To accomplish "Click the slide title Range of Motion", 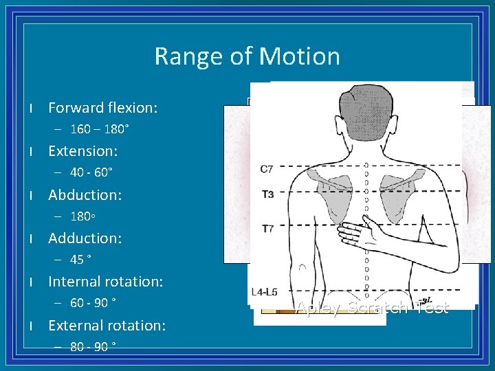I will pyautogui.click(x=247, y=56).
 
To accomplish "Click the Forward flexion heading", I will pyautogui.click(x=103, y=108).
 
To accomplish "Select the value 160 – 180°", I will pyautogui.click(x=100, y=129).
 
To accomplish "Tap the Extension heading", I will pyautogui.click(x=83, y=151).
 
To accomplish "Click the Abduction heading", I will pyautogui.click(x=85, y=195).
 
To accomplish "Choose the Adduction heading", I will pyautogui.click(x=85, y=238).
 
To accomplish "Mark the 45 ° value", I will pyautogui.click(x=81, y=260).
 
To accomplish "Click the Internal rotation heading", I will pyautogui.click(x=105, y=282).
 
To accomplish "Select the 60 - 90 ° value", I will pyautogui.click(x=93, y=303).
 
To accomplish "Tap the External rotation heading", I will pyautogui.click(x=107, y=325).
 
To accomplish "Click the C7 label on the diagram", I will pyautogui.click(x=267, y=169).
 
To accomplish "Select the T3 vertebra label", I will pyautogui.click(x=267, y=194).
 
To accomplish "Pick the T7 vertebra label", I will pyautogui.click(x=267, y=227).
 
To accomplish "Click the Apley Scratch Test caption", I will pyautogui.click(x=372, y=308).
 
